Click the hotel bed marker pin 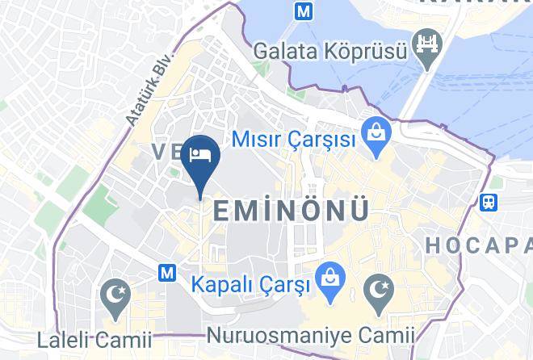coord(199,155)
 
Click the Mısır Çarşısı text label coord(294,140)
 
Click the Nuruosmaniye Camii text coord(311,334)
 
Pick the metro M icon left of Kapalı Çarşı coord(169,273)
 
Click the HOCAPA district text coord(478,244)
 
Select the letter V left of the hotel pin coord(157,152)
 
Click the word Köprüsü coord(367,50)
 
